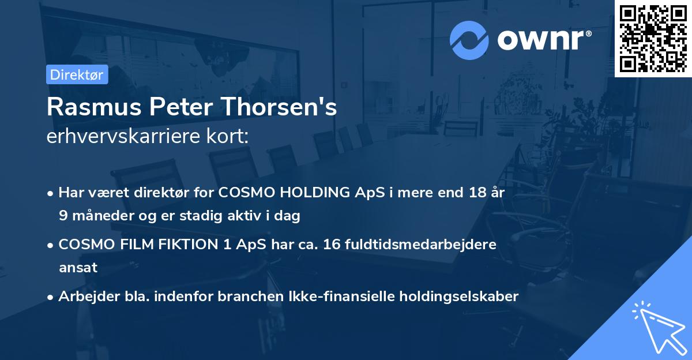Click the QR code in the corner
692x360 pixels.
653,39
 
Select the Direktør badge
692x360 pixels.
77,74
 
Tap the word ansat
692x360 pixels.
78,268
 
